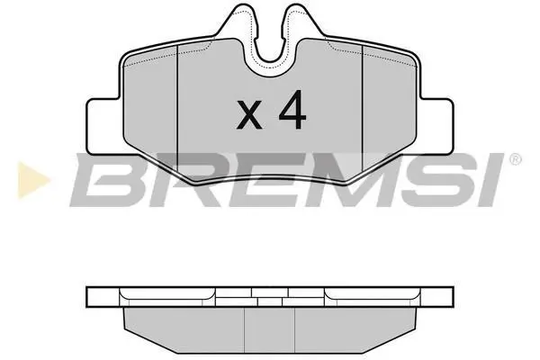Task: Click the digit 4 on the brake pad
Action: (292, 110)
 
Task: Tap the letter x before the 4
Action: (249, 114)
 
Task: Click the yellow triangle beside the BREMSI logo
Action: (32, 180)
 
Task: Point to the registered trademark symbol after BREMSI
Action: (515, 159)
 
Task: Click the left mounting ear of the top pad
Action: (103, 126)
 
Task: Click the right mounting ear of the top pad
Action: (436, 126)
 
